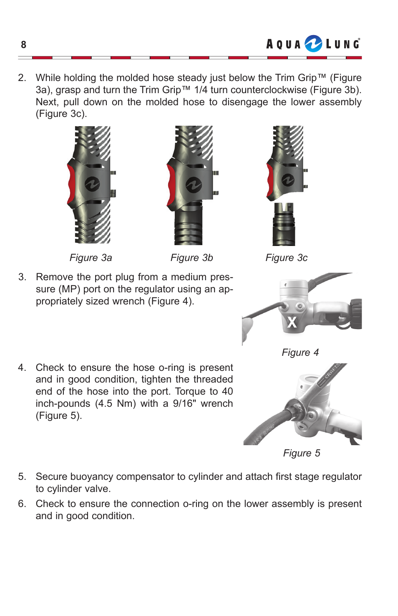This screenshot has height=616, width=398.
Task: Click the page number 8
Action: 23,45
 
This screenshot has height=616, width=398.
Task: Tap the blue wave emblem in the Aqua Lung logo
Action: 313,44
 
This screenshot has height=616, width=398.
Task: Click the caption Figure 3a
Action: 91,258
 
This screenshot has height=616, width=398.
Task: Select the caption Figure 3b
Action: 191,258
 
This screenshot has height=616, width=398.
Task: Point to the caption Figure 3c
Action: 286,258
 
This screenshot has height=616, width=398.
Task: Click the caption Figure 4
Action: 300,352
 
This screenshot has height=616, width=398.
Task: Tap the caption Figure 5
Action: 301,453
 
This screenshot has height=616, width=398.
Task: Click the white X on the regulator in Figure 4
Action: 292,322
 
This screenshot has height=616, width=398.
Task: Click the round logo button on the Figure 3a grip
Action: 92,184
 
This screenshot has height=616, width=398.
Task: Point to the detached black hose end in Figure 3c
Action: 284,226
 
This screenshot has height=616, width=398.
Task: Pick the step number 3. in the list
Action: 22,277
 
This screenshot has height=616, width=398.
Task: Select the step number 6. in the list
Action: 22,504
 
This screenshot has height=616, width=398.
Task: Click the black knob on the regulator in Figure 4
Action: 355,314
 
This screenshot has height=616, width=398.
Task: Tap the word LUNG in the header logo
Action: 343,44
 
